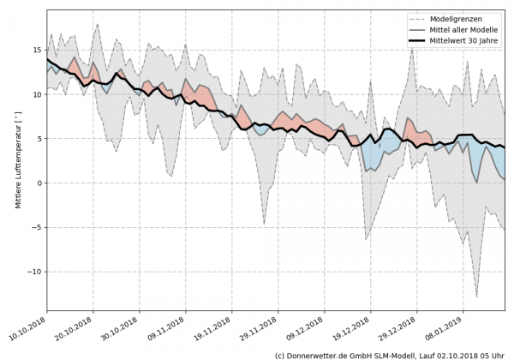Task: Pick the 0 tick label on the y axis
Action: tap(38, 183)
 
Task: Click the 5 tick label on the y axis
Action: tap(38, 138)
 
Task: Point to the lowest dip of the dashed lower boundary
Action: tap(476, 297)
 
